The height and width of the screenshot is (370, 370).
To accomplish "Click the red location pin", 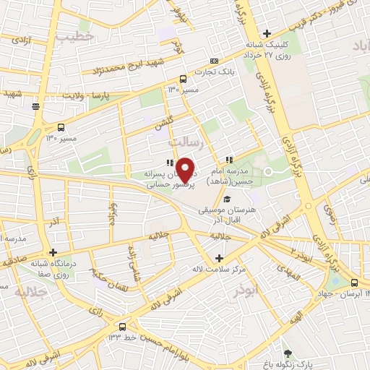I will [186, 170].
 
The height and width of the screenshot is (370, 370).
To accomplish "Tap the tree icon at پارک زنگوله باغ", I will [289, 353].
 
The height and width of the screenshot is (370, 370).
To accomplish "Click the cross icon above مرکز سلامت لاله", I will [220, 258].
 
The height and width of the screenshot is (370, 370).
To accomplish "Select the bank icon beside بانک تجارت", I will [212, 61].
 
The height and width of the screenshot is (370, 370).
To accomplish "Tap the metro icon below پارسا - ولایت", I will [35, 106].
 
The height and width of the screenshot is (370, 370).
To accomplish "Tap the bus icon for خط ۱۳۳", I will [122, 326].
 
